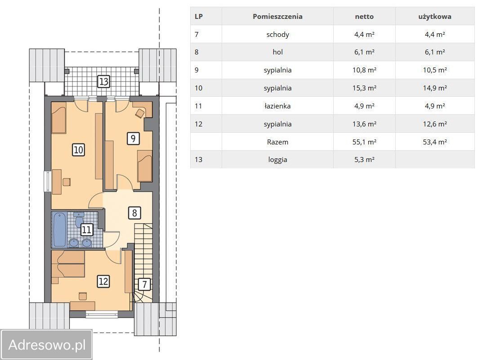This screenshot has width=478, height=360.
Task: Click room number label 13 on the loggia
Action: tap(103, 81)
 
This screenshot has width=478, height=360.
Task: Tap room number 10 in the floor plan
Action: tap(78, 149)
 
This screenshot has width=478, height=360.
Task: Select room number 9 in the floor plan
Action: tap(133, 139)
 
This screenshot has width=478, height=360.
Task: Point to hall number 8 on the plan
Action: tap(134, 213)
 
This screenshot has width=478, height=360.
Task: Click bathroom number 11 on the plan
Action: tap(87, 229)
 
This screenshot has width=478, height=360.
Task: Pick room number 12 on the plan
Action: tap(103, 281)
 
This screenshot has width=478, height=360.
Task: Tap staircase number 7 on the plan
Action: tap(144, 284)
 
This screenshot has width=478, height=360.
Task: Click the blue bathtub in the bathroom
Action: tap(59, 230)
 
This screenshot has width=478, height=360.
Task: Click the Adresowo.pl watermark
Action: tap(47, 345)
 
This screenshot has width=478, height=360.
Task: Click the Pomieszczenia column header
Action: tap(277, 17)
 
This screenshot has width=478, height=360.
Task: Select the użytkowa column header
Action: tap(435, 17)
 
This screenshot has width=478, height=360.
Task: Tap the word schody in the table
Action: tap(277, 35)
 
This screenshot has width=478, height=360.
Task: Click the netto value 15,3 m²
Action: tap(364, 88)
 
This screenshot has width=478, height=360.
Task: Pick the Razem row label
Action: tap(277, 142)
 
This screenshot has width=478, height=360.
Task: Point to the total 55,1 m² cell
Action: tap(364, 142)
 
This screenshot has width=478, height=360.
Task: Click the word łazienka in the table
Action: tap(277, 106)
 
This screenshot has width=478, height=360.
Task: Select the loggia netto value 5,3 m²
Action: tap(364, 160)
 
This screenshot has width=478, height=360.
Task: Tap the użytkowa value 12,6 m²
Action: tap(435, 124)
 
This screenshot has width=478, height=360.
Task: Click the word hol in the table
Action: tap(277, 52)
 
